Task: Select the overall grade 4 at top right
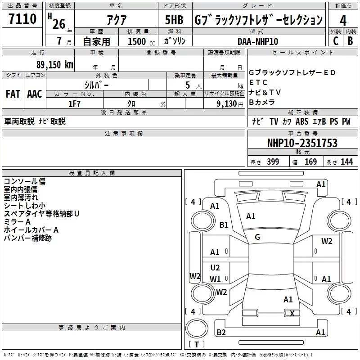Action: (x=343, y=20)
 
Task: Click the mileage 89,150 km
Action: (x=54, y=64)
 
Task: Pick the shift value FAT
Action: (x=13, y=94)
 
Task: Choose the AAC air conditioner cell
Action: (x=35, y=94)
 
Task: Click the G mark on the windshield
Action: (x=257, y=237)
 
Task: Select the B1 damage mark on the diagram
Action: (x=224, y=225)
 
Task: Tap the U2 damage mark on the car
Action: (x=215, y=268)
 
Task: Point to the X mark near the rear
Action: (x=292, y=314)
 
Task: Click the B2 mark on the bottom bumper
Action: (x=221, y=333)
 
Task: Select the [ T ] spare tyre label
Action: (x=196, y=345)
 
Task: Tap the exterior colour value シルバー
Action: (x=96, y=85)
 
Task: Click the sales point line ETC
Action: (x=258, y=82)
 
